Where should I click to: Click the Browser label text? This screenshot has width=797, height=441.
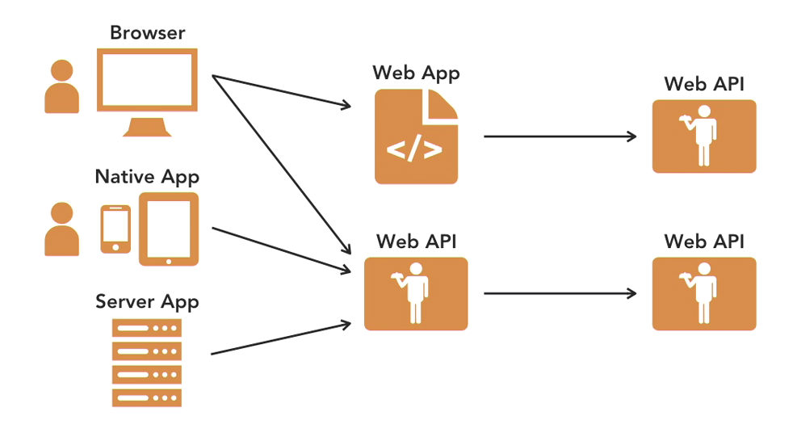pyautogui.click(x=147, y=33)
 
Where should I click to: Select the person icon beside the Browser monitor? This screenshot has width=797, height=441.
pyautogui.click(x=61, y=86)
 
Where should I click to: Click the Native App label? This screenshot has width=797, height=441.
pyautogui.click(x=147, y=176)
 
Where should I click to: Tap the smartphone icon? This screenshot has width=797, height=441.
pyautogui.click(x=115, y=229)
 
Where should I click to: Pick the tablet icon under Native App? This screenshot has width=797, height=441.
pyautogui.click(x=168, y=229)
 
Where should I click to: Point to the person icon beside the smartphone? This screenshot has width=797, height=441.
pyautogui.click(x=61, y=229)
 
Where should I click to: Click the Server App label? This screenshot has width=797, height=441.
pyautogui.click(x=147, y=302)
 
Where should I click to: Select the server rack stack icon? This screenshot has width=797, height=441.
pyautogui.click(x=147, y=363)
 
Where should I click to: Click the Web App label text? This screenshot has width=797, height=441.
pyautogui.click(x=416, y=73)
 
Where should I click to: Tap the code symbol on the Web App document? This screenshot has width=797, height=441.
pyautogui.click(x=414, y=150)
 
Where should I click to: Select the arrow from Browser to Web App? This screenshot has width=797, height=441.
pyautogui.click(x=283, y=91)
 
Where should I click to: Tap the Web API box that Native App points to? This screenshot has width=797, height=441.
pyautogui.click(x=416, y=294)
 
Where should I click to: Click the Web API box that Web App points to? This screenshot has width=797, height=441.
pyautogui.click(x=704, y=136)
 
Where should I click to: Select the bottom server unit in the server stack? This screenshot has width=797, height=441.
pyautogui.click(x=147, y=397)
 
